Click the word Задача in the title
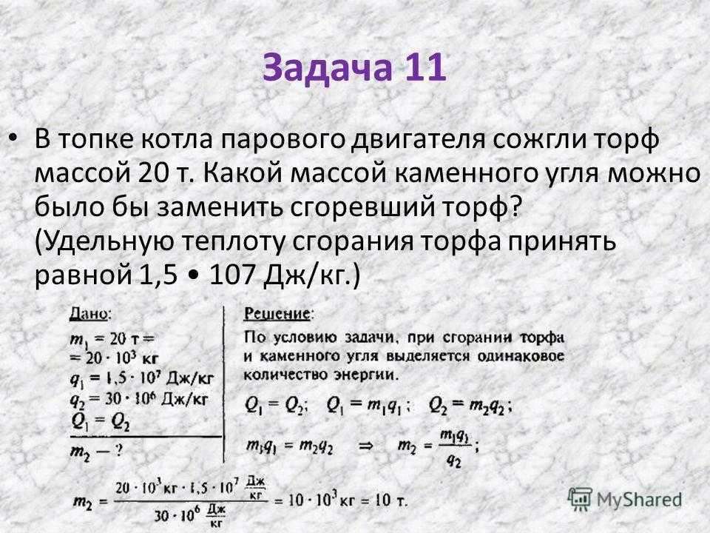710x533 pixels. tap(325, 67)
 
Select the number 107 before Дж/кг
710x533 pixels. tap(231, 275)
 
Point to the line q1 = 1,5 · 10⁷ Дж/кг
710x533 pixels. tap(142, 378)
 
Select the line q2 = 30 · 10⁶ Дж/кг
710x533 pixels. tap(139, 400)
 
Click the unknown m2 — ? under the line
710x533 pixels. tap(96, 452)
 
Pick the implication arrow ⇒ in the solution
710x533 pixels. tap(365, 446)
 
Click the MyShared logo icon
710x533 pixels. tap(581, 500)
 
